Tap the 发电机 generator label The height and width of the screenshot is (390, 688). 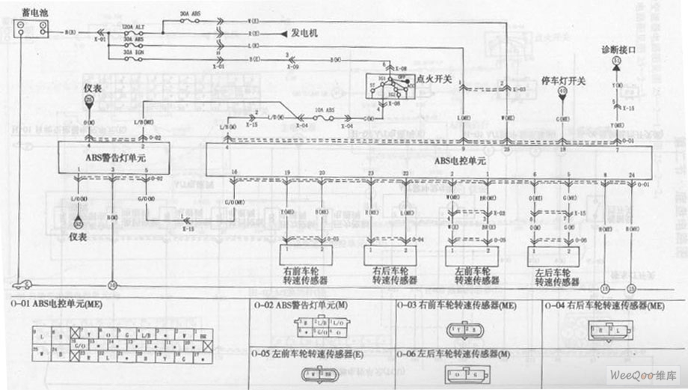tap(304, 34)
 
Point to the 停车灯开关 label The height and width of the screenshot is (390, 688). tap(562, 80)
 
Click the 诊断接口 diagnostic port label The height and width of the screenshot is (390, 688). tap(617, 48)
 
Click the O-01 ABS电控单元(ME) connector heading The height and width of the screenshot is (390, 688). tap(57, 305)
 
